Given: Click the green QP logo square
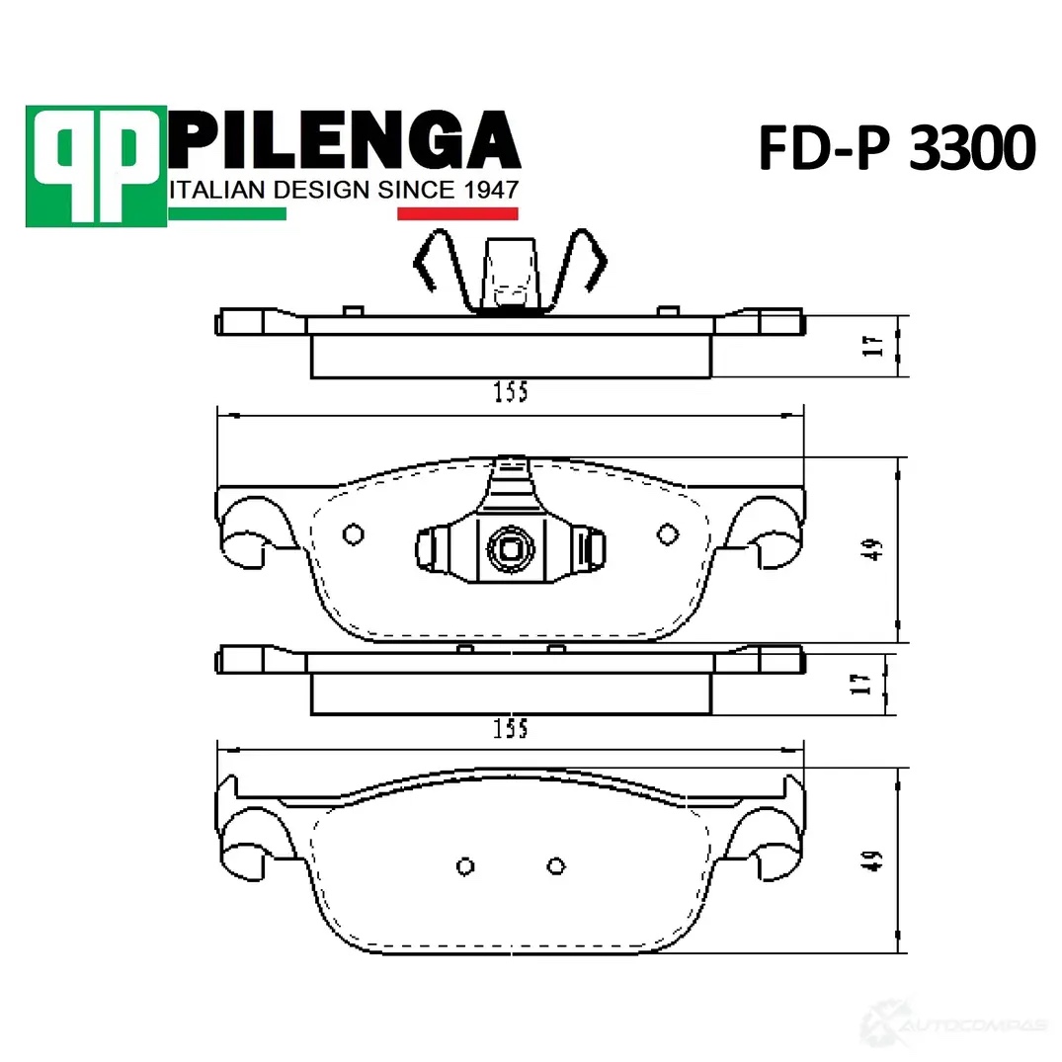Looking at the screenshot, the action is point(96,166).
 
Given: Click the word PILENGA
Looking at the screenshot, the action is point(344,140).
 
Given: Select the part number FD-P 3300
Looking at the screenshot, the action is point(897,147).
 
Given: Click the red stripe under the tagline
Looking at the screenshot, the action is point(457,214).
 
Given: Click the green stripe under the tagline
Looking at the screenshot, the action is point(227,214).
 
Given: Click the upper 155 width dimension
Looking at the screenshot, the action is point(511,392).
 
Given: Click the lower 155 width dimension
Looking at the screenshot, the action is point(511,729).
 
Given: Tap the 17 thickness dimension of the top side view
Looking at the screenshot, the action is point(875,346).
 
